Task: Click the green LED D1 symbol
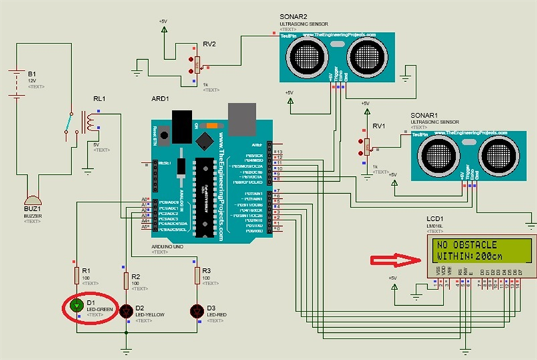click(x=76, y=306)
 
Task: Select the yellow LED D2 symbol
click(x=127, y=310)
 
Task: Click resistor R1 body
click(x=76, y=275)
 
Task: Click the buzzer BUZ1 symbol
click(x=33, y=202)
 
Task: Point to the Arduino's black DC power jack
click(x=183, y=119)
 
